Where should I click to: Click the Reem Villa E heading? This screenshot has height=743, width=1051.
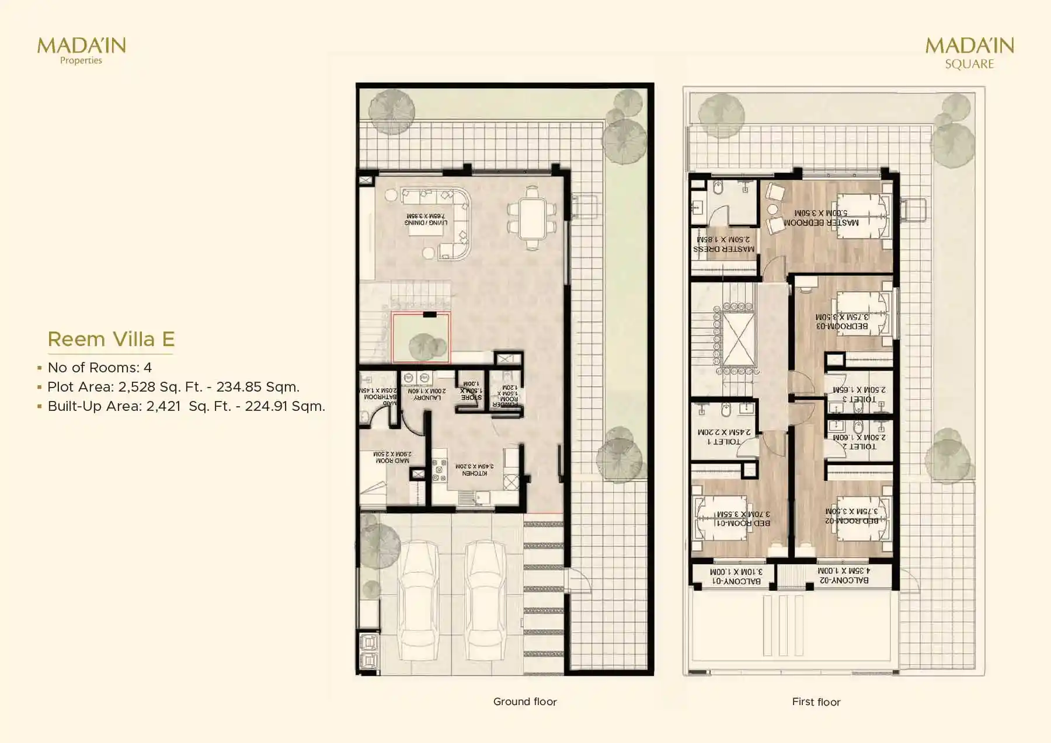[111, 339]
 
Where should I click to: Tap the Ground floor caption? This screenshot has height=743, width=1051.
[525, 702]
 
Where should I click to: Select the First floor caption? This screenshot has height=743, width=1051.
[816, 702]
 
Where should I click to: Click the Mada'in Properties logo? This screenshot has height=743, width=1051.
[81, 50]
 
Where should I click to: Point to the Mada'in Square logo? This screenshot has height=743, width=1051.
[969, 53]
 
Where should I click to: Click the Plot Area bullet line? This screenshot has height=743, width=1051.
[173, 387]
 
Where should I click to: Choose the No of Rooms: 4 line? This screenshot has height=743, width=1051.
[99, 368]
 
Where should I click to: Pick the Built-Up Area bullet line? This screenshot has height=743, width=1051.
[186, 406]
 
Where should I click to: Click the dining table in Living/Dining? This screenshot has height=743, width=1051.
[531, 218]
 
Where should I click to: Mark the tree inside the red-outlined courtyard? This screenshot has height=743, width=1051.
[426, 346]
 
